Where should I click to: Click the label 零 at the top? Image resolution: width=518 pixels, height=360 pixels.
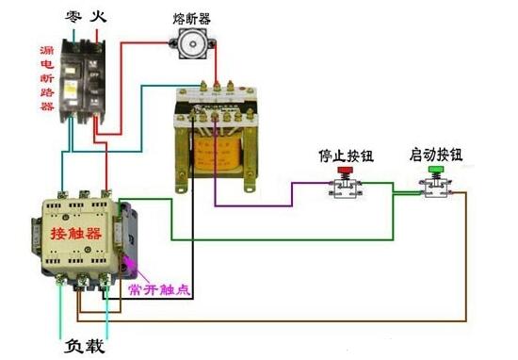coord(73,17)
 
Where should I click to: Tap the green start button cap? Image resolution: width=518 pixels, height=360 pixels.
coord(435,171)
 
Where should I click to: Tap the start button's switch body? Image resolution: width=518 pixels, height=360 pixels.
coord(436,188)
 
